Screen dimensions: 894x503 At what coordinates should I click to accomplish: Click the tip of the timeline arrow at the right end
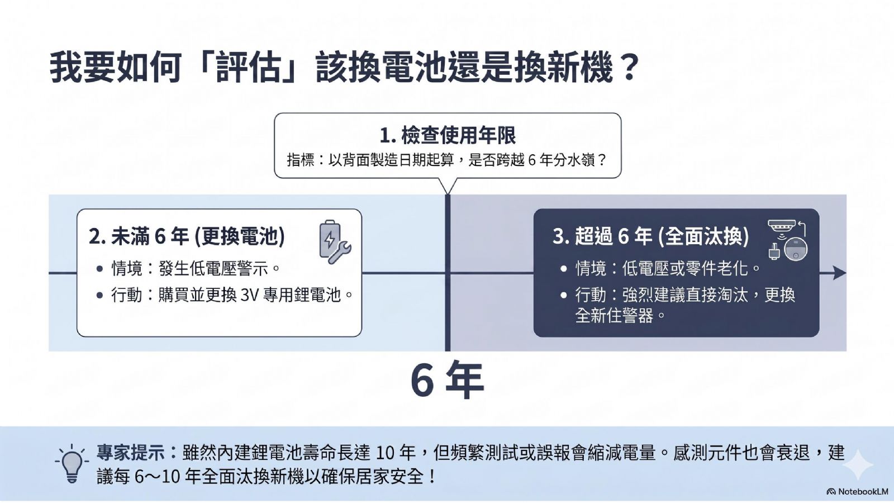pos(846,273)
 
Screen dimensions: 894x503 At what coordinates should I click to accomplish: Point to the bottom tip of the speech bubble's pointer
pos(448,194)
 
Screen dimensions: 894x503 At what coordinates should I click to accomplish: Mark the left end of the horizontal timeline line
pos(49,273)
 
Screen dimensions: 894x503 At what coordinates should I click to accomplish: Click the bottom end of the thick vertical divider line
pos(448,351)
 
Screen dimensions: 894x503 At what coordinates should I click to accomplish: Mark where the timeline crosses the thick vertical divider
pos(448,273)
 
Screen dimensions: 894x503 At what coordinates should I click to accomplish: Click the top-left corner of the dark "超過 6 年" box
pos(534,209)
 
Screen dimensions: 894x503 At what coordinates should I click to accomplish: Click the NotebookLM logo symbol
pos(831,491)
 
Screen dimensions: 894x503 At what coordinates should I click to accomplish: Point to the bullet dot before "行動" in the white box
pos(100,296)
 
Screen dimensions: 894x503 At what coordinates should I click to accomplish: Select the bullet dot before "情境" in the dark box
pos(564,269)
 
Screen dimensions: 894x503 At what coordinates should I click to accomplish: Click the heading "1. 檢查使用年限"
pos(448,135)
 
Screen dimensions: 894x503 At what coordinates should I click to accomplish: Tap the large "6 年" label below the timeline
pos(448,379)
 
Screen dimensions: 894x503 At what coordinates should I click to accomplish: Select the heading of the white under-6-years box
pos(187,236)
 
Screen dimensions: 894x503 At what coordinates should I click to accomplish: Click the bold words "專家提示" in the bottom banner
pos(131,453)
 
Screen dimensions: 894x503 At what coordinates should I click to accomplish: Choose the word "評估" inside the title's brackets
pos(249,68)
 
